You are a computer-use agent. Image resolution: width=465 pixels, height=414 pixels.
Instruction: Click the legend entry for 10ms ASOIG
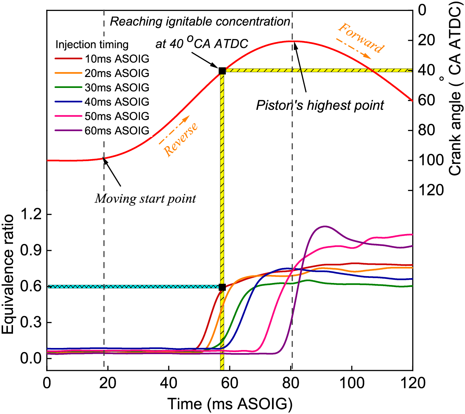coord(102,59)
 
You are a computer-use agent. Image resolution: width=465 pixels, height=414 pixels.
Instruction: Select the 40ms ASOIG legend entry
coord(102,102)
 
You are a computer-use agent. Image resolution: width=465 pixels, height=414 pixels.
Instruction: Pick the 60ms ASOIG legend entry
coord(102,131)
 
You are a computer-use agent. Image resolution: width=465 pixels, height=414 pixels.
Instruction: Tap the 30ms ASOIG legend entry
coord(102,88)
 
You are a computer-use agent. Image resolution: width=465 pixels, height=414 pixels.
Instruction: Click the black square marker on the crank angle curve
coord(222,71)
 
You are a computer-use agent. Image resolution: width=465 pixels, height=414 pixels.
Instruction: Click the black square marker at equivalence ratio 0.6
coord(222,287)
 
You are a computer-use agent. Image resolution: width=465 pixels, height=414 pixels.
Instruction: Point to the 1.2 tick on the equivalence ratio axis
coord(31,215)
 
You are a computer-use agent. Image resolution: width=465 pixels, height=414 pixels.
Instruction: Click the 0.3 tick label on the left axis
coord(31,323)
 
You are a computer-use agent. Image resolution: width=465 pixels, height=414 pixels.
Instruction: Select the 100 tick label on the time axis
coord(352,384)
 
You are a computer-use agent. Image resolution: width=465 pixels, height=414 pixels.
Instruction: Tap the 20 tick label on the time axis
coord(108,384)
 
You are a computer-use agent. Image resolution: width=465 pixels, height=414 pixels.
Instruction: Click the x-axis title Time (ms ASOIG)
coord(230,404)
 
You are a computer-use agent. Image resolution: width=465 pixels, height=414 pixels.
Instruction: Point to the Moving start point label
coord(145,199)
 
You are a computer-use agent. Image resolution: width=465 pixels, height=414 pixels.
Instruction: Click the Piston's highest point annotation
coord(320,105)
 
